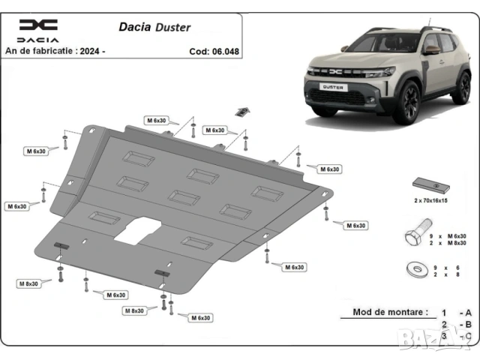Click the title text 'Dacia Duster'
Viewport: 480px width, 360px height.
[154, 27]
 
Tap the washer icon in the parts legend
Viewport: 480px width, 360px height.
[415, 268]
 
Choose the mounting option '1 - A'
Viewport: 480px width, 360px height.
[455, 312]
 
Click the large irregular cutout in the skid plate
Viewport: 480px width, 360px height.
[136, 229]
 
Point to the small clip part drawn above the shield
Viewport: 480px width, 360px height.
[241, 112]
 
